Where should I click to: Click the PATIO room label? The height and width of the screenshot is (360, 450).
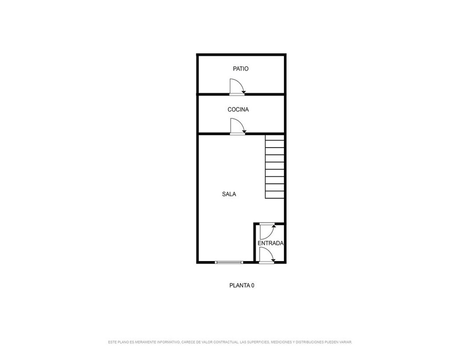point(240,68)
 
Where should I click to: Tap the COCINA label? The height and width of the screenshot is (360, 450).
point(238,109)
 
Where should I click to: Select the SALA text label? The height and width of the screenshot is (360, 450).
point(229,194)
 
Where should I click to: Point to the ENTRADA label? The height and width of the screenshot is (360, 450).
point(270,243)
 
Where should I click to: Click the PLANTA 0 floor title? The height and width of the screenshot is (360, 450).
point(242,285)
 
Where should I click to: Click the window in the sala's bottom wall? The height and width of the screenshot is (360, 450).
point(229,262)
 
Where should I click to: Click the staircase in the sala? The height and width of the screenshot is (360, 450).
point(274,166)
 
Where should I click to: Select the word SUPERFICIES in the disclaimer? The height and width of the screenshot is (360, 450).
point(258,342)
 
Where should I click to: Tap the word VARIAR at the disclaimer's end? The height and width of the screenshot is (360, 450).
point(345,342)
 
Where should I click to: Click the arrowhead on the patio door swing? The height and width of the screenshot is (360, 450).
point(243,92)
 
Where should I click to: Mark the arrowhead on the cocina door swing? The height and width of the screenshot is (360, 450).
point(243,132)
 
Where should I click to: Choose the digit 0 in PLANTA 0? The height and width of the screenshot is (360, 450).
point(252,285)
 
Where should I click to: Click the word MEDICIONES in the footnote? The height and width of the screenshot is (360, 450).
point(281,342)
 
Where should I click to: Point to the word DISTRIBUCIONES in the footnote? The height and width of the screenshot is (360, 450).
point(310,342)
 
